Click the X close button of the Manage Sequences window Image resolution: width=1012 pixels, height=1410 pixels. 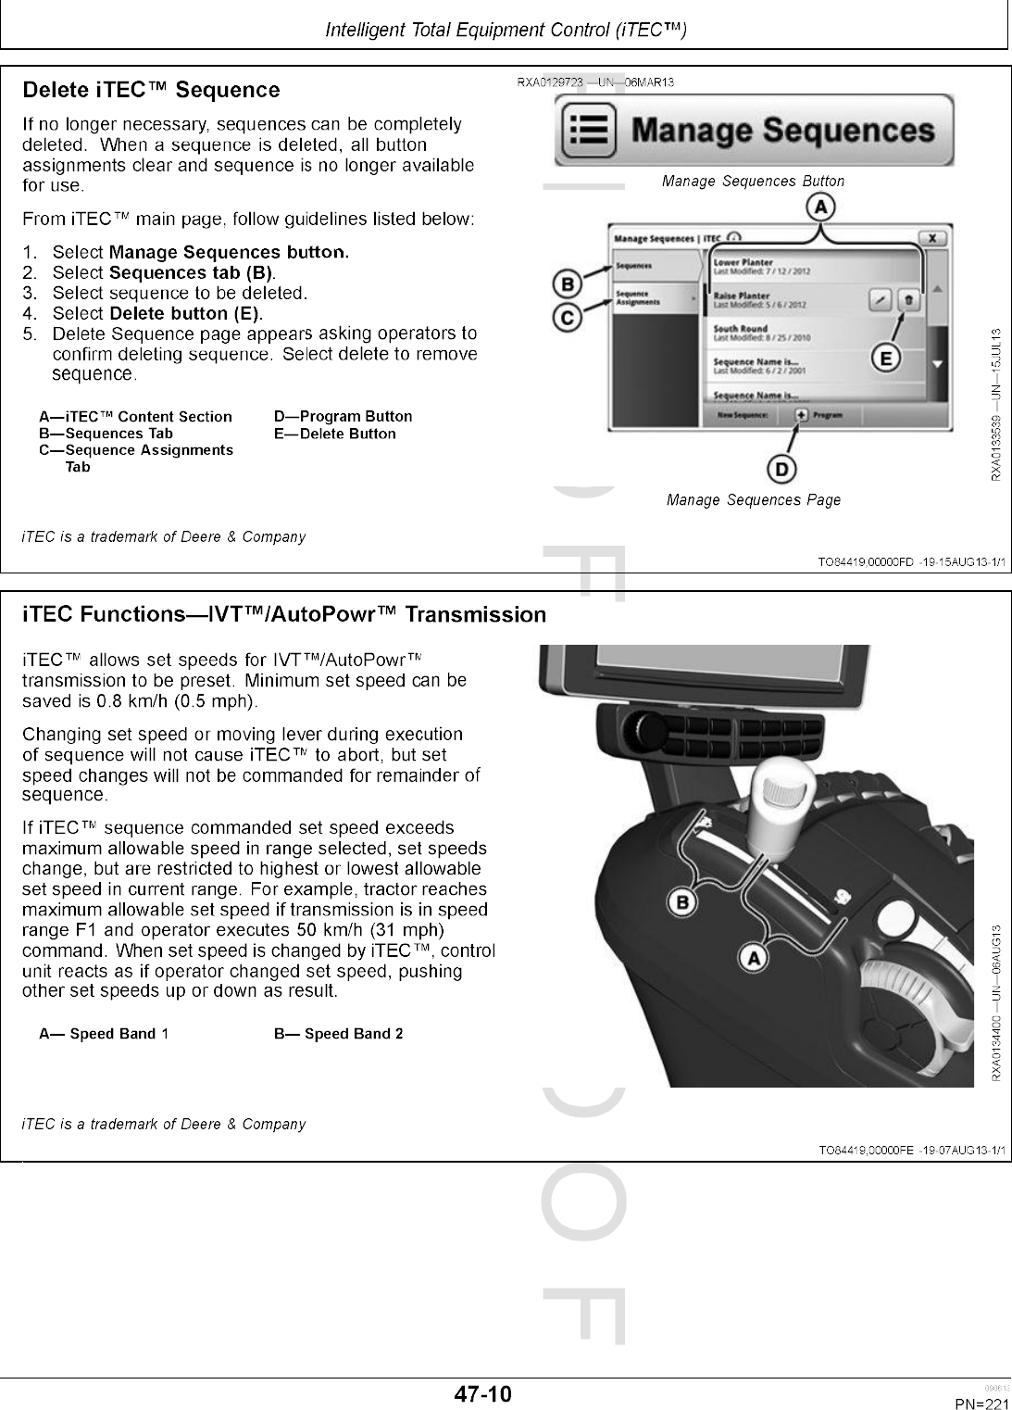(935, 238)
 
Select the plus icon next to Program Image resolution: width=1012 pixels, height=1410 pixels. (801, 415)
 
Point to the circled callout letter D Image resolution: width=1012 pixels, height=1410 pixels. (782, 471)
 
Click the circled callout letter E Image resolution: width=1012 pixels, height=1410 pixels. (887, 359)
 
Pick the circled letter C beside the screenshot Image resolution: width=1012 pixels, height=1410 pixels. (566, 318)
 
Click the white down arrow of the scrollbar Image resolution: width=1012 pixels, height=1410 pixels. (938, 364)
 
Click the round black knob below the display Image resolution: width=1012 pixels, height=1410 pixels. (639, 724)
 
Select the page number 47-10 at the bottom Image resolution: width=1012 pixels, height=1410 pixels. (482, 1393)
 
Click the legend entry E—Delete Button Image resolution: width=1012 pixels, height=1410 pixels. (334, 434)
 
